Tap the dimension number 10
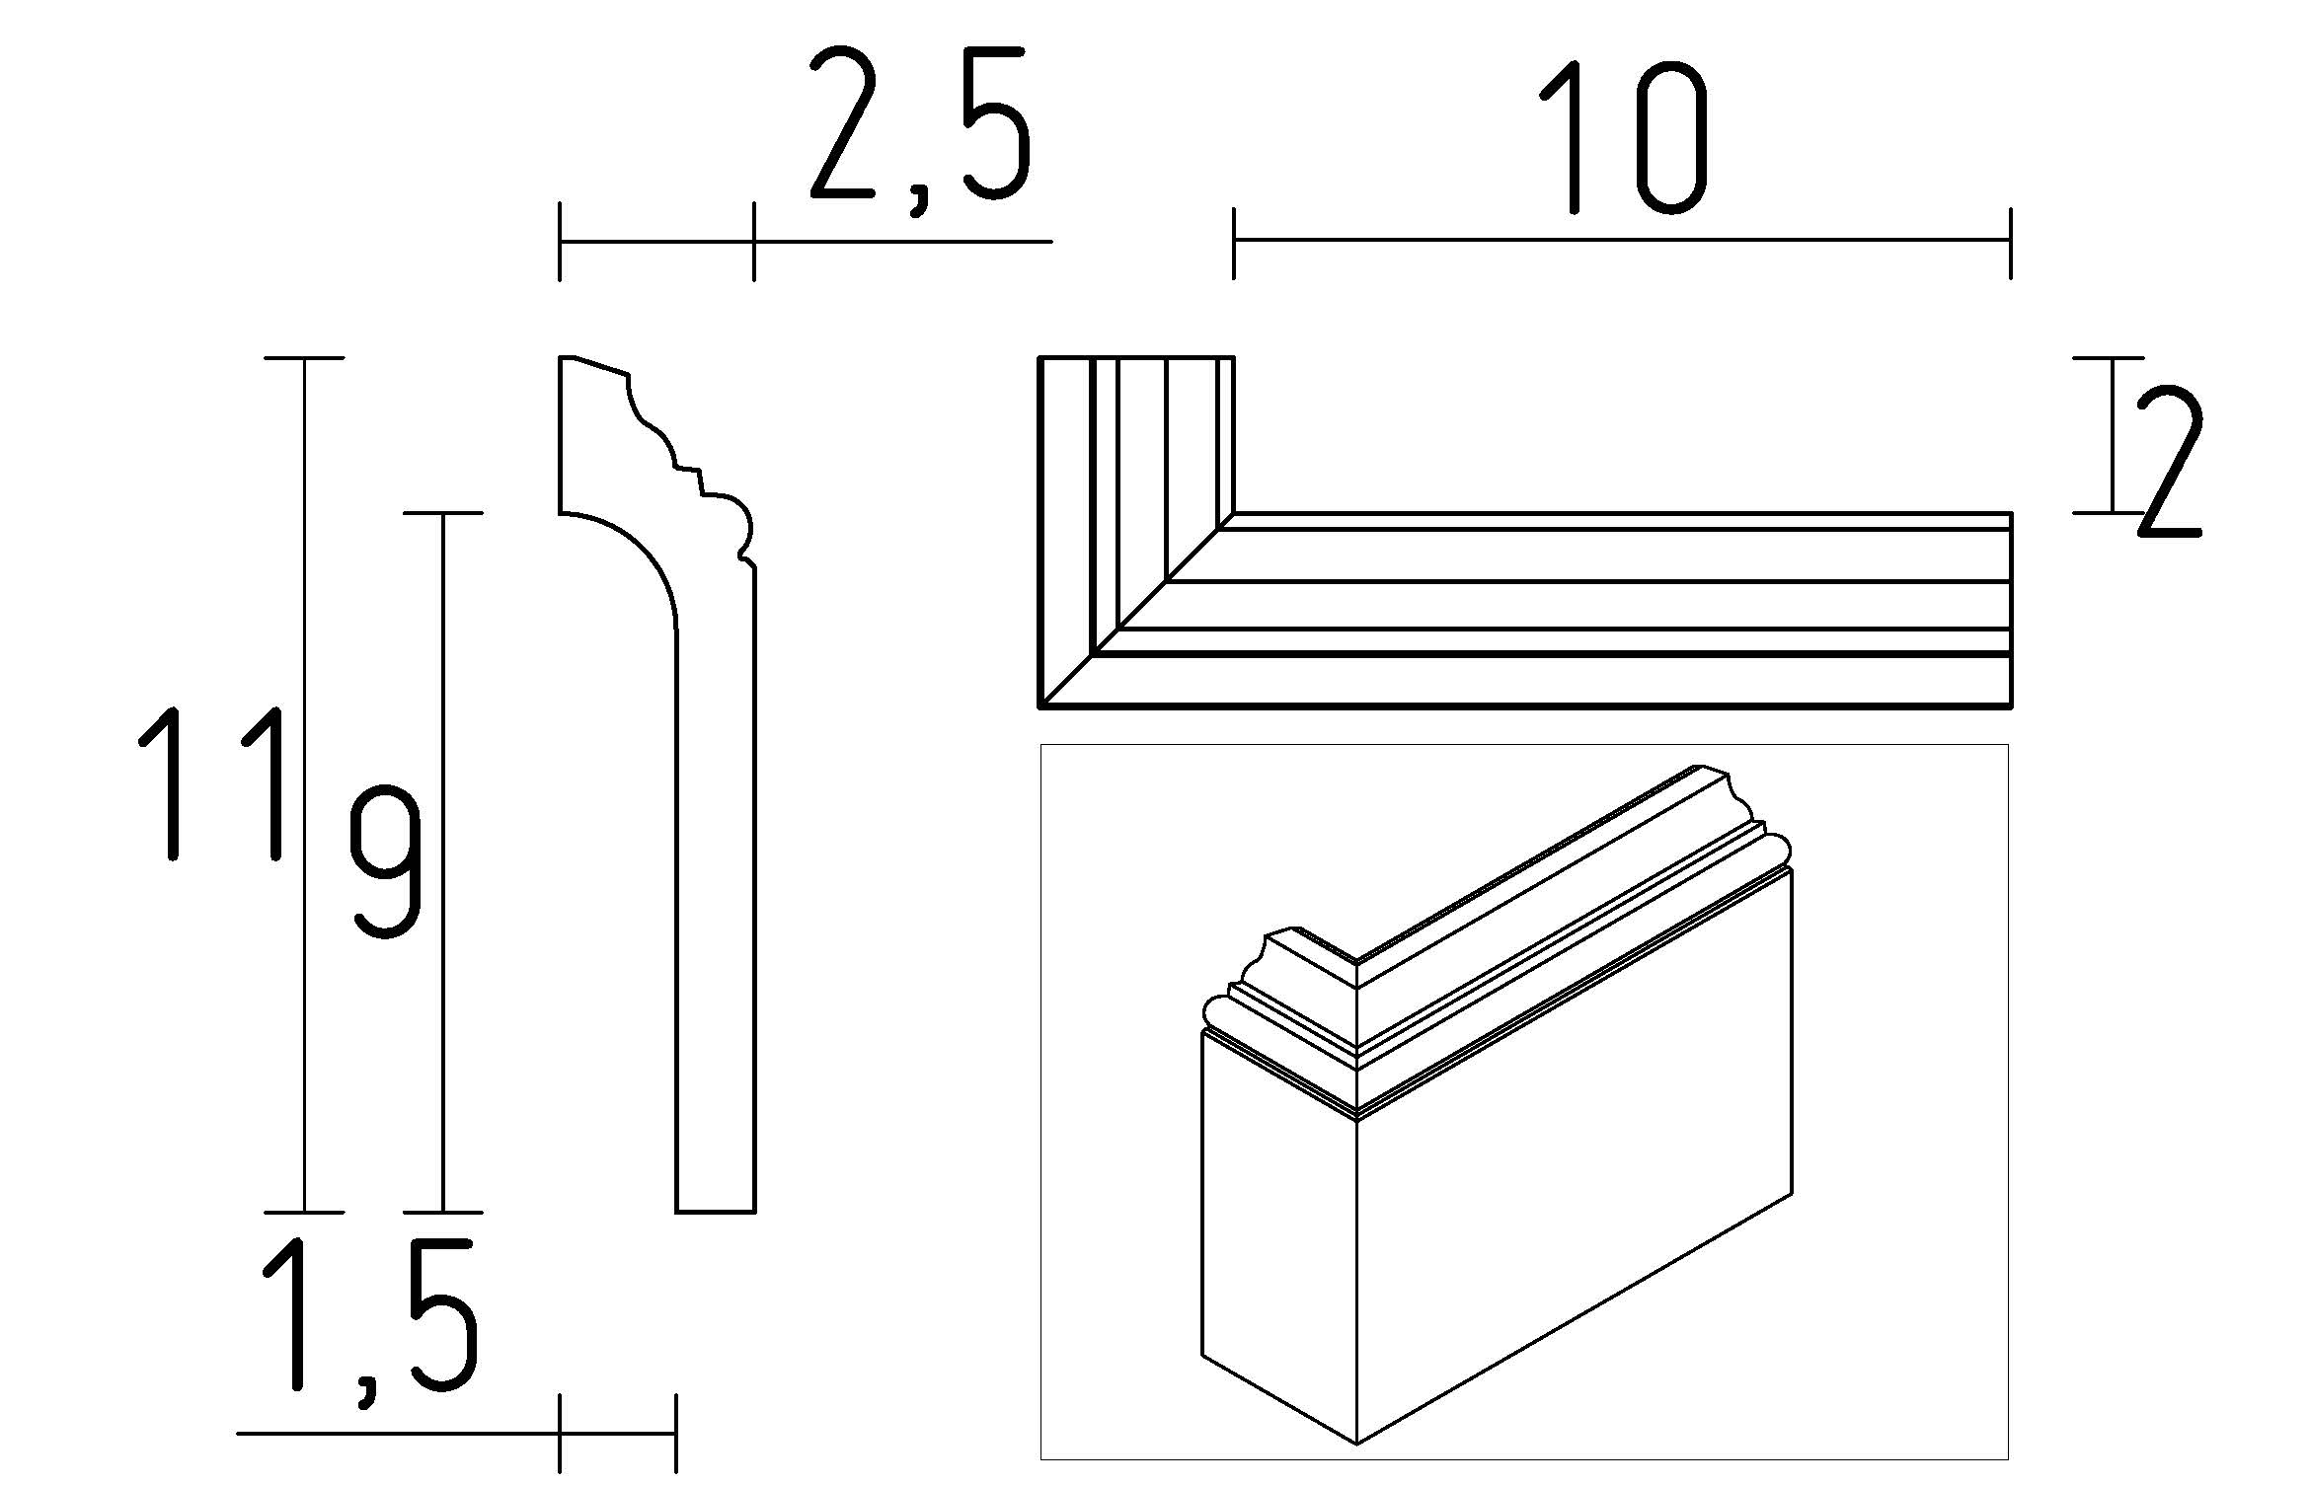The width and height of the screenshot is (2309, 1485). coord(1623,138)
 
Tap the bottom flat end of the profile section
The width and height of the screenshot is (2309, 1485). coord(716,1211)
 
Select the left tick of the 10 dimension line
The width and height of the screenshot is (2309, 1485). coord(1233,241)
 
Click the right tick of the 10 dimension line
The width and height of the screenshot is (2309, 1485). coord(2010,241)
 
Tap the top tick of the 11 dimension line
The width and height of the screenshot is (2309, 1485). coord(304,358)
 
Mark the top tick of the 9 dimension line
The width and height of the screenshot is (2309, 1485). coord(442,513)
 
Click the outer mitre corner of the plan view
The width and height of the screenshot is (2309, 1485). coord(1041,705)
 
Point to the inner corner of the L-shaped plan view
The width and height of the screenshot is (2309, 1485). coord(1234,513)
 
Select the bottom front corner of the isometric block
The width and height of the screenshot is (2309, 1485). coord(1357,1444)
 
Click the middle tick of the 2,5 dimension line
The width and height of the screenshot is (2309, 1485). coord(754,241)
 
